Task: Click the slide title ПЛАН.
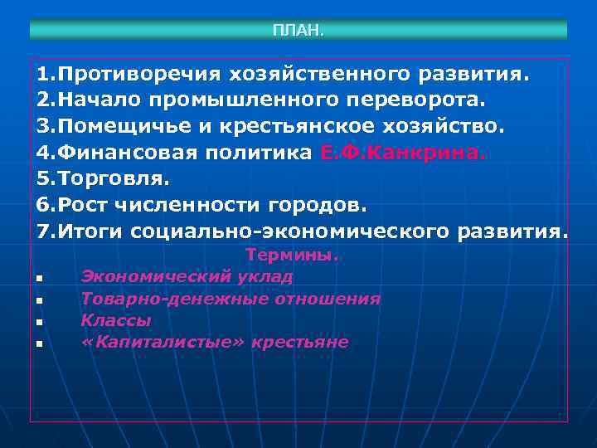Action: point(298,31)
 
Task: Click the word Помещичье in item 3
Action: point(124,126)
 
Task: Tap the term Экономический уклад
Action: point(187,277)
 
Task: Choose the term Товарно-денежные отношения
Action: point(231,299)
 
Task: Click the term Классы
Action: point(116,320)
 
